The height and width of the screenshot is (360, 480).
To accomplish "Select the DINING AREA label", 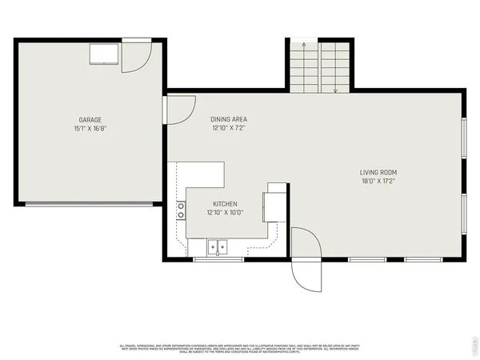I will [x=229, y=119].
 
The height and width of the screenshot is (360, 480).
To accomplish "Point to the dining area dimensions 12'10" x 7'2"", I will [x=229, y=127].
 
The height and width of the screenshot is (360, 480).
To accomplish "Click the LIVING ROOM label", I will [x=378, y=172].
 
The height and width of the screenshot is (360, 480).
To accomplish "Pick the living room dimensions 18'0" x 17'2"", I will [x=378, y=180].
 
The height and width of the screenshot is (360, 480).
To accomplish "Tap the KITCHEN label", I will [x=225, y=203].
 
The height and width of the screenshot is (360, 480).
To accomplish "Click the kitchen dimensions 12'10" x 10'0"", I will [x=225, y=212].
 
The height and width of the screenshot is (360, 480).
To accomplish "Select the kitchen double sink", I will [x=218, y=246].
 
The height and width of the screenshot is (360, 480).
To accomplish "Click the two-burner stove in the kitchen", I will [x=181, y=211].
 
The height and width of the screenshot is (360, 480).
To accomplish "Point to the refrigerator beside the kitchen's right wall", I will [x=275, y=202].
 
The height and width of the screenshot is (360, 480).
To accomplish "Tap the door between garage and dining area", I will [x=180, y=108].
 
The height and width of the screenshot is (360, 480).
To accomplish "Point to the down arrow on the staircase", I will [x=335, y=90].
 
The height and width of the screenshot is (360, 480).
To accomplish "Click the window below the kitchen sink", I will [x=218, y=259].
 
